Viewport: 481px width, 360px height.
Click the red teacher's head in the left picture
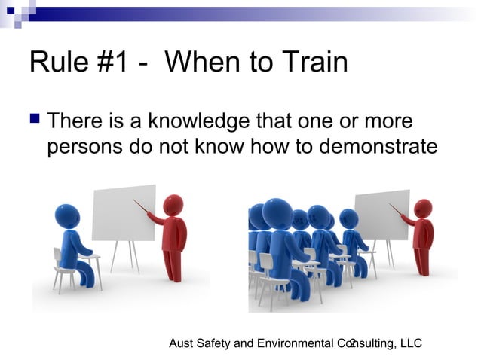point(173,205)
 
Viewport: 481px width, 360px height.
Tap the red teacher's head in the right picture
point(423,209)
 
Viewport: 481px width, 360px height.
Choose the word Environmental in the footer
point(292,343)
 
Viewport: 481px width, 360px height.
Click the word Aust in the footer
point(181,343)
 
